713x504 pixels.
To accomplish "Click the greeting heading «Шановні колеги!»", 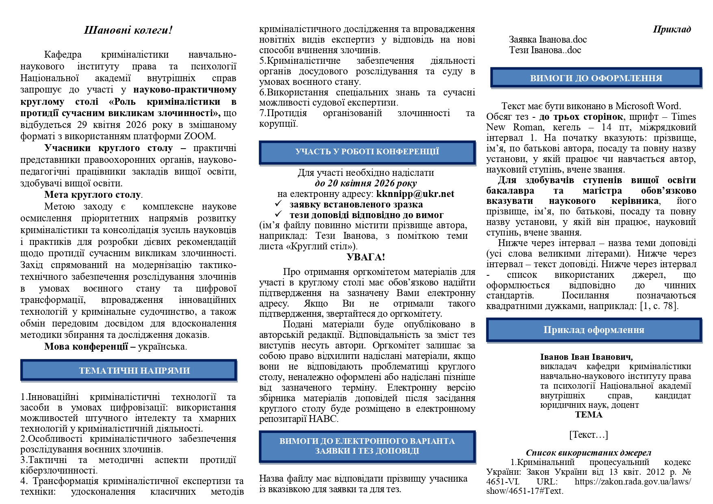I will [128, 30].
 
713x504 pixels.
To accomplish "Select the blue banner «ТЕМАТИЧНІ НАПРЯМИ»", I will [128, 370].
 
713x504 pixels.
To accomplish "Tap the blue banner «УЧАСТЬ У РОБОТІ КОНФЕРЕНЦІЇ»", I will [367, 152].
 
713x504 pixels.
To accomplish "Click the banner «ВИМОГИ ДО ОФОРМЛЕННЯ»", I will [596, 78].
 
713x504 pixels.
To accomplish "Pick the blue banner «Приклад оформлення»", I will [594, 330].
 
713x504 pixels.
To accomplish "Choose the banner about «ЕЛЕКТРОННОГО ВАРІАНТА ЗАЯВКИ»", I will [367, 446].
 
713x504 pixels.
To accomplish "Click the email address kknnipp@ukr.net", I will [415, 194].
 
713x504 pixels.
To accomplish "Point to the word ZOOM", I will [202, 136].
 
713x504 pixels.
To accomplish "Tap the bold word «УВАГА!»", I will [366, 257].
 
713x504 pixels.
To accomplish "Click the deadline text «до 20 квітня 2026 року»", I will [366, 183].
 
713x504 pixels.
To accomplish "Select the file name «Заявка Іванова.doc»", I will [548, 40].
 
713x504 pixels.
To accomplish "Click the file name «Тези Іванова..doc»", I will [545, 50].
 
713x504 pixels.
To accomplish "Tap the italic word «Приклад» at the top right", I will [672, 29].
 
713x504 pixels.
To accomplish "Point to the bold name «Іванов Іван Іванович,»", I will [586, 357].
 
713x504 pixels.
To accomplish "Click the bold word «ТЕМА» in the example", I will [589, 415].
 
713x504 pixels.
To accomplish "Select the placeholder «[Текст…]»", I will [588, 435].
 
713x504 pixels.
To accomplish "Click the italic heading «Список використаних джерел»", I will [588, 453].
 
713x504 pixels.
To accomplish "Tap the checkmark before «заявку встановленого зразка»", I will [278, 204].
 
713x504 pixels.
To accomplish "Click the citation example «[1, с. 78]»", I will [659, 306].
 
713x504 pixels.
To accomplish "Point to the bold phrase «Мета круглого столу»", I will [93, 195].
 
